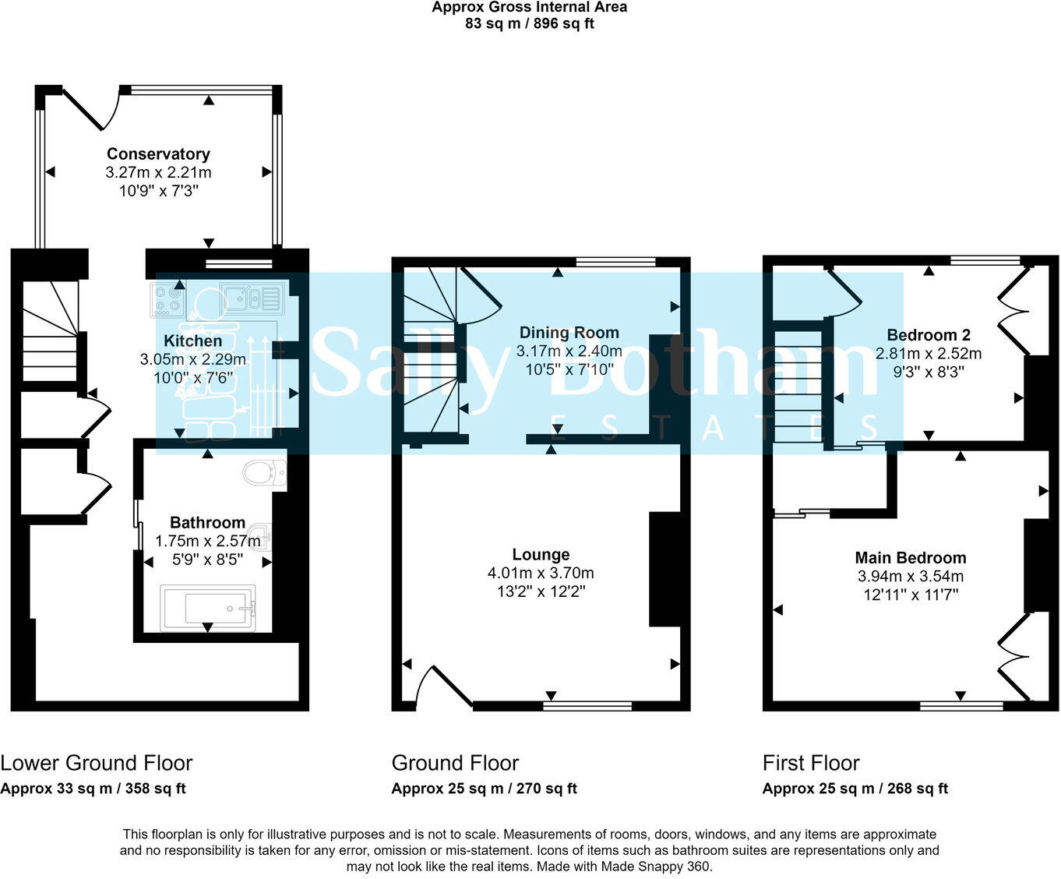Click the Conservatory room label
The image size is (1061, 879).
pyautogui.click(x=158, y=154)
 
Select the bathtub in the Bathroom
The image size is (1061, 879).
pyautogui.click(x=208, y=608)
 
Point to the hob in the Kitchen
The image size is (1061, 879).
pyautogui.click(x=167, y=300)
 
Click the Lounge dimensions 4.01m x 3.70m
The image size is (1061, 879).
pyautogui.click(x=541, y=573)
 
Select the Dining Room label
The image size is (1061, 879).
pyautogui.click(x=569, y=333)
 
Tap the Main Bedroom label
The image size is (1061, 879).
pyautogui.click(x=910, y=557)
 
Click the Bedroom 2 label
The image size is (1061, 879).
pyautogui.click(x=929, y=335)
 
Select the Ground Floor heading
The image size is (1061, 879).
pyautogui.click(x=455, y=762)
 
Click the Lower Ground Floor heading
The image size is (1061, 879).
pyautogui.click(x=97, y=762)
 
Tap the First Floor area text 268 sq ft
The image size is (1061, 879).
pyautogui.click(x=917, y=788)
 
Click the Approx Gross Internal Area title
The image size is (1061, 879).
pyautogui.click(x=530, y=7)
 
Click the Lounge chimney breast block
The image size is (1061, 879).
pyautogui.click(x=664, y=569)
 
